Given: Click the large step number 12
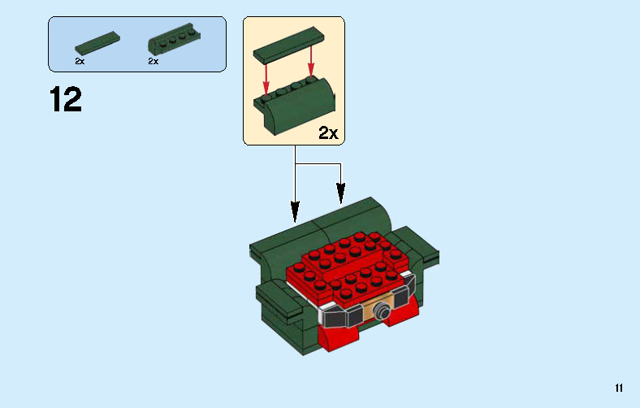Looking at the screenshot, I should click(x=66, y=99).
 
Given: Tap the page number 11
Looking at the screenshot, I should click(x=619, y=388).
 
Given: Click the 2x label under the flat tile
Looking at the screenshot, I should click(x=80, y=61).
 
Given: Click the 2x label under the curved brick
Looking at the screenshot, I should click(x=153, y=61).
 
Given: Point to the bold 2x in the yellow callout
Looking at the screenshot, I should click(x=327, y=133).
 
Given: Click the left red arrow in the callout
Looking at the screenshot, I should click(x=266, y=77).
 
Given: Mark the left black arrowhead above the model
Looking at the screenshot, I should click(x=295, y=213).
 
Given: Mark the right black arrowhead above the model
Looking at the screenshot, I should click(x=341, y=195).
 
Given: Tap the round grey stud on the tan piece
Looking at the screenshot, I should click(x=380, y=309).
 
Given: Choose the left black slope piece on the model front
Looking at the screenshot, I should click(x=341, y=316).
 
